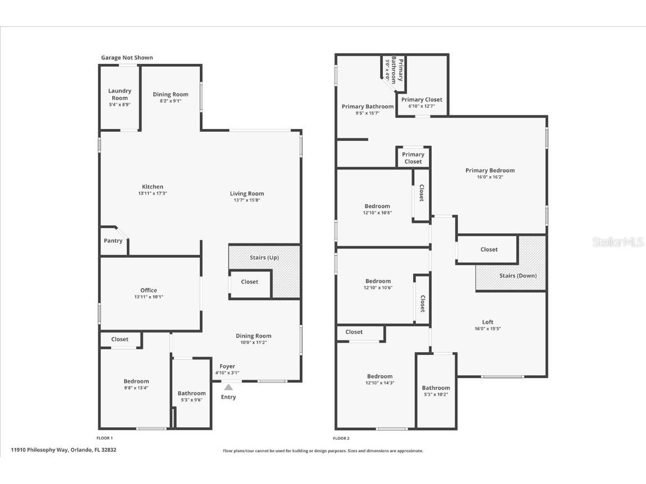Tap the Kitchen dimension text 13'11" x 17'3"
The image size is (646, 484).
click(x=153, y=193)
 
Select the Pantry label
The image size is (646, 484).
click(x=113, y=241)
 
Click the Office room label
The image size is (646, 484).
click(x=149, y=290)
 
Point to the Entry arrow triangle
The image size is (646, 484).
click(x=228, y=386)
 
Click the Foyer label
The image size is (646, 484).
click(x=227, y=366)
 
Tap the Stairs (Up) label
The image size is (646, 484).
click(x=264, y=257)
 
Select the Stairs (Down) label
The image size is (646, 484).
click(x=517, y=275)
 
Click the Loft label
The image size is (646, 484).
click(x=488, y=322)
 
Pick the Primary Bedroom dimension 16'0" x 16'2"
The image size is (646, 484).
click(x=490, y=177)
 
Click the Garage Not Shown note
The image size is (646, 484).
click(x=127, y=58)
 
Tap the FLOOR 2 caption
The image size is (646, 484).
click(x=341, y=438)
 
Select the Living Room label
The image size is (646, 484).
click(x=246, y=193)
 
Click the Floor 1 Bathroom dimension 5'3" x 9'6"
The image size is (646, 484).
click(x=191, y=400)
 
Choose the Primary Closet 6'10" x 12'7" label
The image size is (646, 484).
click(x=421, y=99)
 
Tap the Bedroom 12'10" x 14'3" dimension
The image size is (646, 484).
click(x=380, y=383)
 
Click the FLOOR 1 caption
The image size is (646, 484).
click(x=105, y=438)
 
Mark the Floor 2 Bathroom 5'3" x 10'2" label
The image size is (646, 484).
click(x=436, y=388)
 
